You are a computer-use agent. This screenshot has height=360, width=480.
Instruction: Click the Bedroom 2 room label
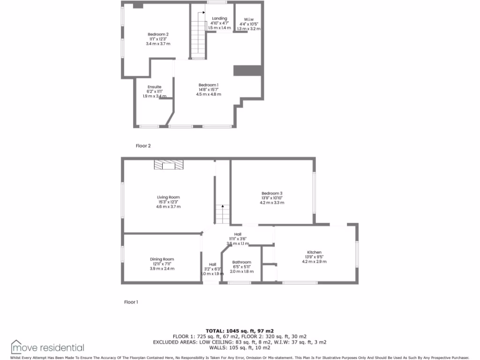tap(158, 34)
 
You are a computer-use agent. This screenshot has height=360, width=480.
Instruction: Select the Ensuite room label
tap(155, 87)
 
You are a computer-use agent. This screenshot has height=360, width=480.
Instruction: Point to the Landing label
tap(219, 18)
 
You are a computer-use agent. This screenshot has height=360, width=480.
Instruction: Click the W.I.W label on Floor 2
tap(249, 19)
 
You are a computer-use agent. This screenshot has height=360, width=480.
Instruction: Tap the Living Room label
tap(168, 197)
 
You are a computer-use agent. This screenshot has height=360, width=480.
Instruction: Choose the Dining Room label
tap(162, 259)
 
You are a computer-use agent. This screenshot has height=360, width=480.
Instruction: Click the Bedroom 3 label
tap(272, 193)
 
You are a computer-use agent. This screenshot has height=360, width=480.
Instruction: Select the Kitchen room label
tap(314, 252)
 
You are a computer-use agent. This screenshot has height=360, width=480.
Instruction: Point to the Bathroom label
tap(242, 262)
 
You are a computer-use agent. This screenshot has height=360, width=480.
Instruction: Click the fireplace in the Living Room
tap(169, 164)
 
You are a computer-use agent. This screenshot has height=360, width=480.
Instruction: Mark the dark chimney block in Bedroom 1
tap(247, 70)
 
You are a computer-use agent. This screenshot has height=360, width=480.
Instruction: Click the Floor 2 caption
tap(143, 146)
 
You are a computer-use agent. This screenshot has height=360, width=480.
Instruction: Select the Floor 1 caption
tap(131, 302)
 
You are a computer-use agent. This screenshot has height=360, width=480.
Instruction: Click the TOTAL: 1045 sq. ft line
tap(240, 330)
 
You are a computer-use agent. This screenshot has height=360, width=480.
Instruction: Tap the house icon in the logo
tap(17, 346)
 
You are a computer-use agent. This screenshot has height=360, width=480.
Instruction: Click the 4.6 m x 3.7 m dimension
tap(168, 207)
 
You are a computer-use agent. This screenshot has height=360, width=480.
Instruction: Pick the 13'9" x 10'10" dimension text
tap(272, 198)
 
